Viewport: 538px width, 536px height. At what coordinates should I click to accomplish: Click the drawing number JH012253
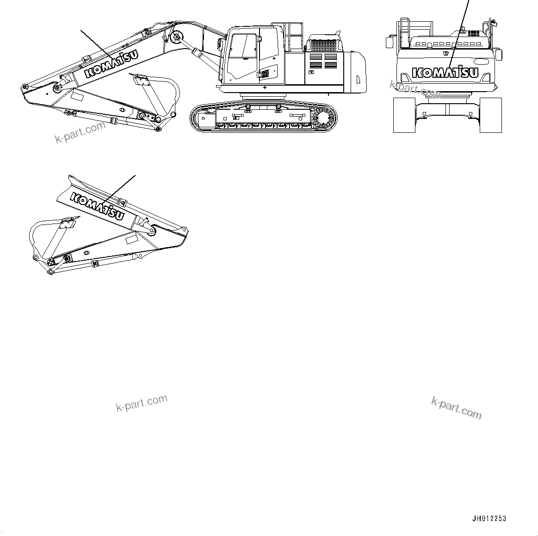[489, 519]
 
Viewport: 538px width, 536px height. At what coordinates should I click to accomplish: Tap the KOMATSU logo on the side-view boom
[111, 66]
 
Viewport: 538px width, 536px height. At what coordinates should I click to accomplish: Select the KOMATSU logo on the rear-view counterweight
[445, 73]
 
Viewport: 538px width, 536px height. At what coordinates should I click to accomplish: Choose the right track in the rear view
[491, 115]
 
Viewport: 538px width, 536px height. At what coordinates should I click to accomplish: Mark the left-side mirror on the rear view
[389, 42]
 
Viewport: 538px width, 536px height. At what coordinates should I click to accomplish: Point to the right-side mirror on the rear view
[499, 54]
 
